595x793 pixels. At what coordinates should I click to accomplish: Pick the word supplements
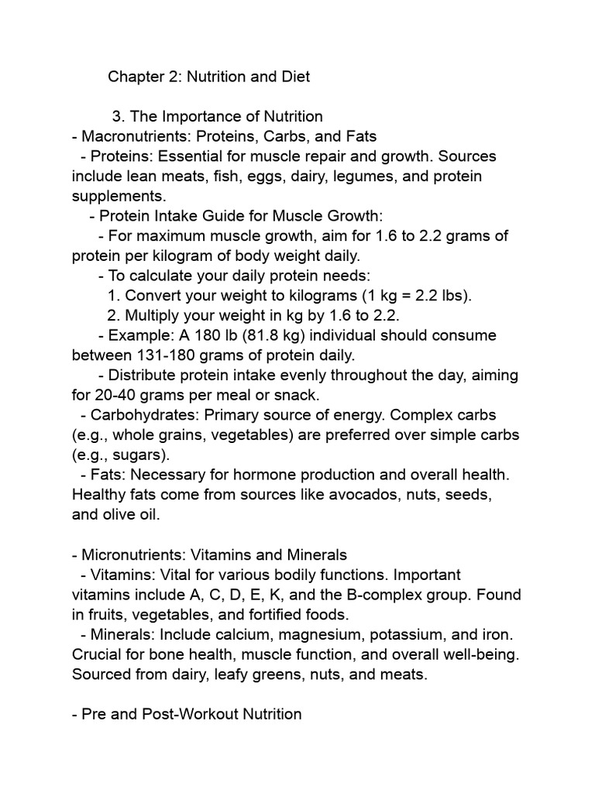[119, 197]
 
